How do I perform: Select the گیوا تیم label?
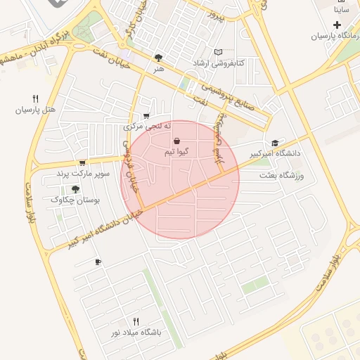coord(175,152)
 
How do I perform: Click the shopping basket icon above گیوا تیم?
coord(175,141)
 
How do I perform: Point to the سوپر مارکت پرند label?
coord(80,173)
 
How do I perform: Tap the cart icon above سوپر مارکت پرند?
coord(82,162)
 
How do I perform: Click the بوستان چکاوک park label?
coord(75,200)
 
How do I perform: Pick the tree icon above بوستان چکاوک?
coord(75,188)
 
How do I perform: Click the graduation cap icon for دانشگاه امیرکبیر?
coord(274,142)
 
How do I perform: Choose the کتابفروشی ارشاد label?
coord(219,63)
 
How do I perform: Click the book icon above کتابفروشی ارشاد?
coord(219,52)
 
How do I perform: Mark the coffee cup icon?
coord(98,262)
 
